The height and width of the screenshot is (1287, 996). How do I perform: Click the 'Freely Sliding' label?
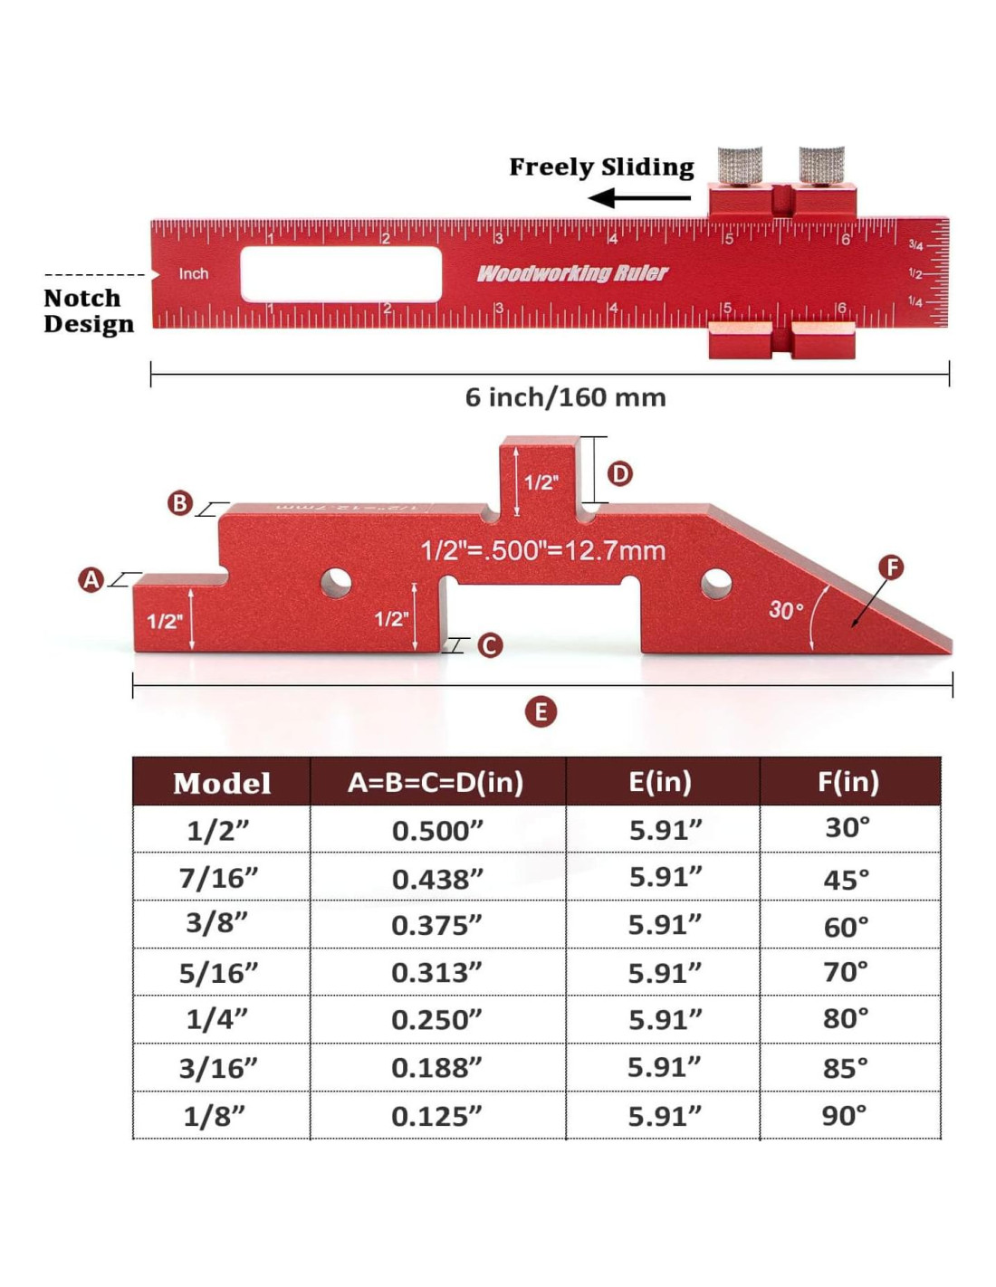[601, 167]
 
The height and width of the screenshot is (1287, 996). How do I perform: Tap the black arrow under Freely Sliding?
[638, 197]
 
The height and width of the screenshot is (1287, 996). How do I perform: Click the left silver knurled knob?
[740, 166]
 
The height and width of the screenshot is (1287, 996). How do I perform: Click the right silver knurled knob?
[821, 166]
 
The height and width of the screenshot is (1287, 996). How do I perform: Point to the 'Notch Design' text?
[88, 310]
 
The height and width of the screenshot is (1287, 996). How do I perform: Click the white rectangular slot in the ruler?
[340, 274]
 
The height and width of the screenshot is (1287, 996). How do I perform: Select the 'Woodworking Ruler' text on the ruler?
[572, 273]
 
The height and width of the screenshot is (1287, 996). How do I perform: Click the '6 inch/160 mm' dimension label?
[565, 397]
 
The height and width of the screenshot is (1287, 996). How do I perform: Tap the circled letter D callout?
[619, 473]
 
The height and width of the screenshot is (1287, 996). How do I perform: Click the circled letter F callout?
[891, 567]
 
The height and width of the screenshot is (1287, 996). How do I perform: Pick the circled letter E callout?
[541, 712]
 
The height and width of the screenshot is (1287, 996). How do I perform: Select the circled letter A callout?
[91, 580]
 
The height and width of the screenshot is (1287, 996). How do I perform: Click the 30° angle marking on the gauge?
[786, 610]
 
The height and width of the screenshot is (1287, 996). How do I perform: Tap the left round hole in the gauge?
[336, 582]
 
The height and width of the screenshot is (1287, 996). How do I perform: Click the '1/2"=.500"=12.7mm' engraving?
[543, 550]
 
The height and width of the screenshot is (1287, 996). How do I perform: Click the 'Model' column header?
[222, 783]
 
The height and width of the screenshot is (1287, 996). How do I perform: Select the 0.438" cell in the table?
[437, 879]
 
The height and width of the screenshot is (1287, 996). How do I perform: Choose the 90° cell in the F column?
[845, 1115]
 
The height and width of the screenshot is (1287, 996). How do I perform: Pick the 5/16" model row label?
[218, 973]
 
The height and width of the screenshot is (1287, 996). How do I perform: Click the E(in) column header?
[660, 782]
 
